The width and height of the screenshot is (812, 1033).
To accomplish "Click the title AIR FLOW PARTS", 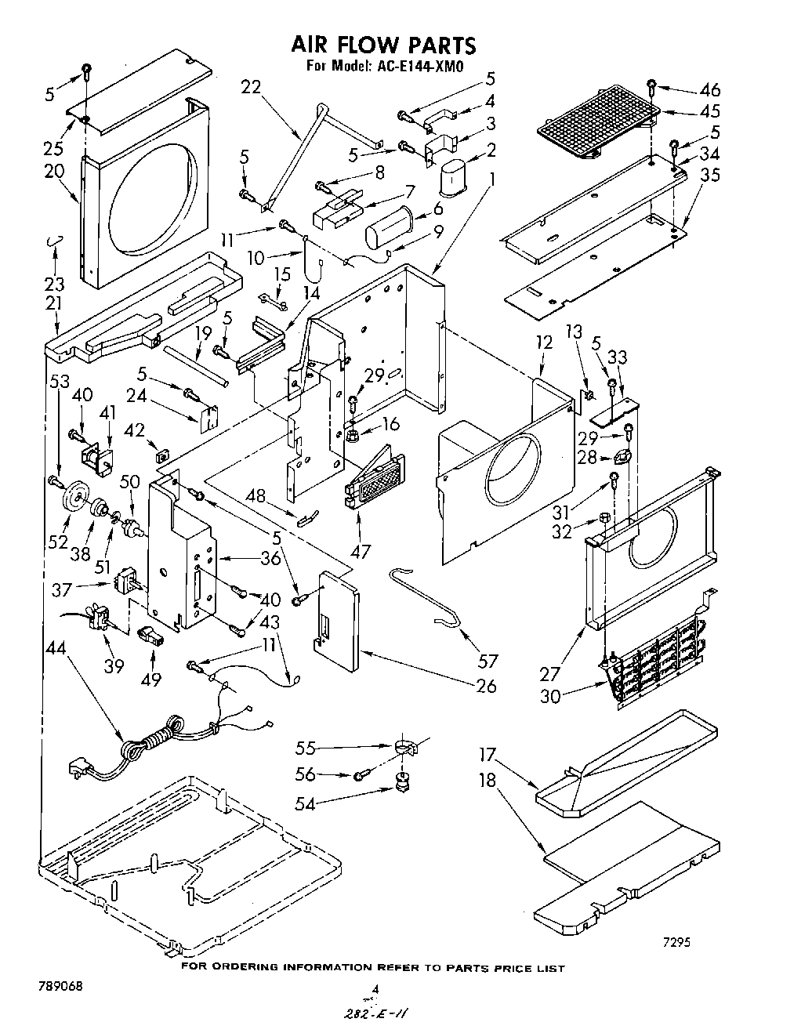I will coord(383,44).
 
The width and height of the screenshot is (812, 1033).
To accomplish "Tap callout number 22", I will coord(251,88).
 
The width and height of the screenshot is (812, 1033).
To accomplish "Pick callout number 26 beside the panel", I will coord(486,686).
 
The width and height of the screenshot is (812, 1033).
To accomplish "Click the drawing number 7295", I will coord(673,943).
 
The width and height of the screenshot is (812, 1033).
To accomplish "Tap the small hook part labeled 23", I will coord(53,241).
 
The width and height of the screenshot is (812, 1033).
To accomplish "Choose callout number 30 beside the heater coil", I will coord(550,694).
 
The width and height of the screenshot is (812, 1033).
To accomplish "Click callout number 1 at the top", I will coord(491,178).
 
